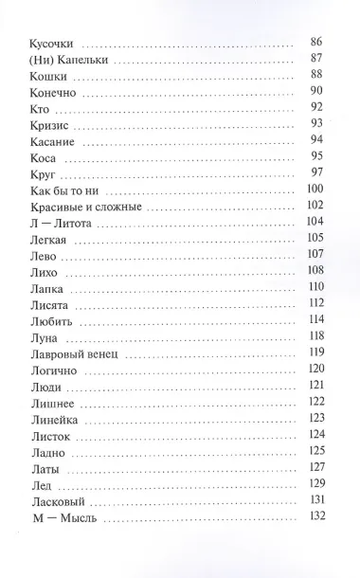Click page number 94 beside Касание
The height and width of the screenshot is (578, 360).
(x=316, y=142)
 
